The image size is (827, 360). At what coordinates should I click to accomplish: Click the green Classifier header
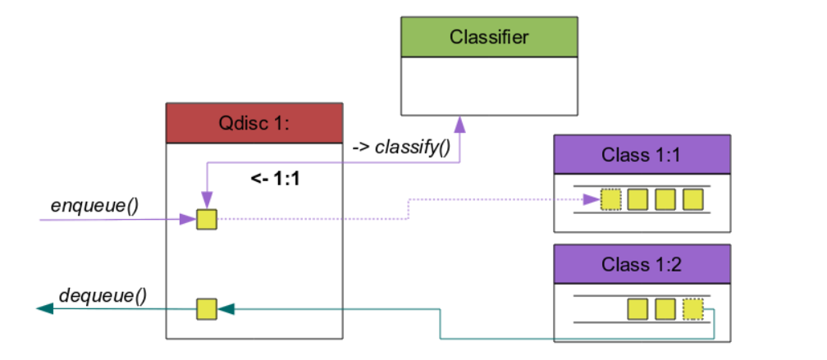pyautogui.click(x=489, y=37)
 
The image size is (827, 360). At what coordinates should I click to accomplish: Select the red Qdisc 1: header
pyautogui.click(x=254, y=123)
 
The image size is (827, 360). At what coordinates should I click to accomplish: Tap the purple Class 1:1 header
pyautogui.click(x=642, y=154)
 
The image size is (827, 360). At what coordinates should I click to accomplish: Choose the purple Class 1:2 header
pyautogui.click(x=642, y=263)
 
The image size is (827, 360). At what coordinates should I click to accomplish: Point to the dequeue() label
pyautogui.click(x=103, y=294)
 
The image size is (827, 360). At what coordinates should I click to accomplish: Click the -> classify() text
pyautogui.click(x=401, y=148)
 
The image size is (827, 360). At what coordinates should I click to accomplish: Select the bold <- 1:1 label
pyautogui.click(x=275, y=177)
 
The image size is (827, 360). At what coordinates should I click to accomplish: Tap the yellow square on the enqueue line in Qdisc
pyautogui.click(x=206, y=219)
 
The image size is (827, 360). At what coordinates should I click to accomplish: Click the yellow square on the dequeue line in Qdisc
pyautogui.click(x=206, y=309)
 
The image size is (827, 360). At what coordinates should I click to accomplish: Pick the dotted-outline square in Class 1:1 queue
pyautogui.click(x=611, y=199)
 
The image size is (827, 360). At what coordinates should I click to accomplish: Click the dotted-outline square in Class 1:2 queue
pyautogui.click(x=693, y=309)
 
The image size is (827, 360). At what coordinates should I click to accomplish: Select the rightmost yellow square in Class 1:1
pyautogui.click(x=693, y=199)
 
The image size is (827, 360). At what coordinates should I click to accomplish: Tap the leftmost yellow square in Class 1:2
pyautogui.click(x=638, y=309)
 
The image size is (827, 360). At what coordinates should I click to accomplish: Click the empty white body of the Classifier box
pyautogui.click(x=489, y=85)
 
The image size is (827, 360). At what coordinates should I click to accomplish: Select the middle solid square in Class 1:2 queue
pyautogui.click(x=665, y=309)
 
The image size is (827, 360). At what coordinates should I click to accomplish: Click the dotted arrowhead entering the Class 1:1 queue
pyautogui.click(x=592, y=199)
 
